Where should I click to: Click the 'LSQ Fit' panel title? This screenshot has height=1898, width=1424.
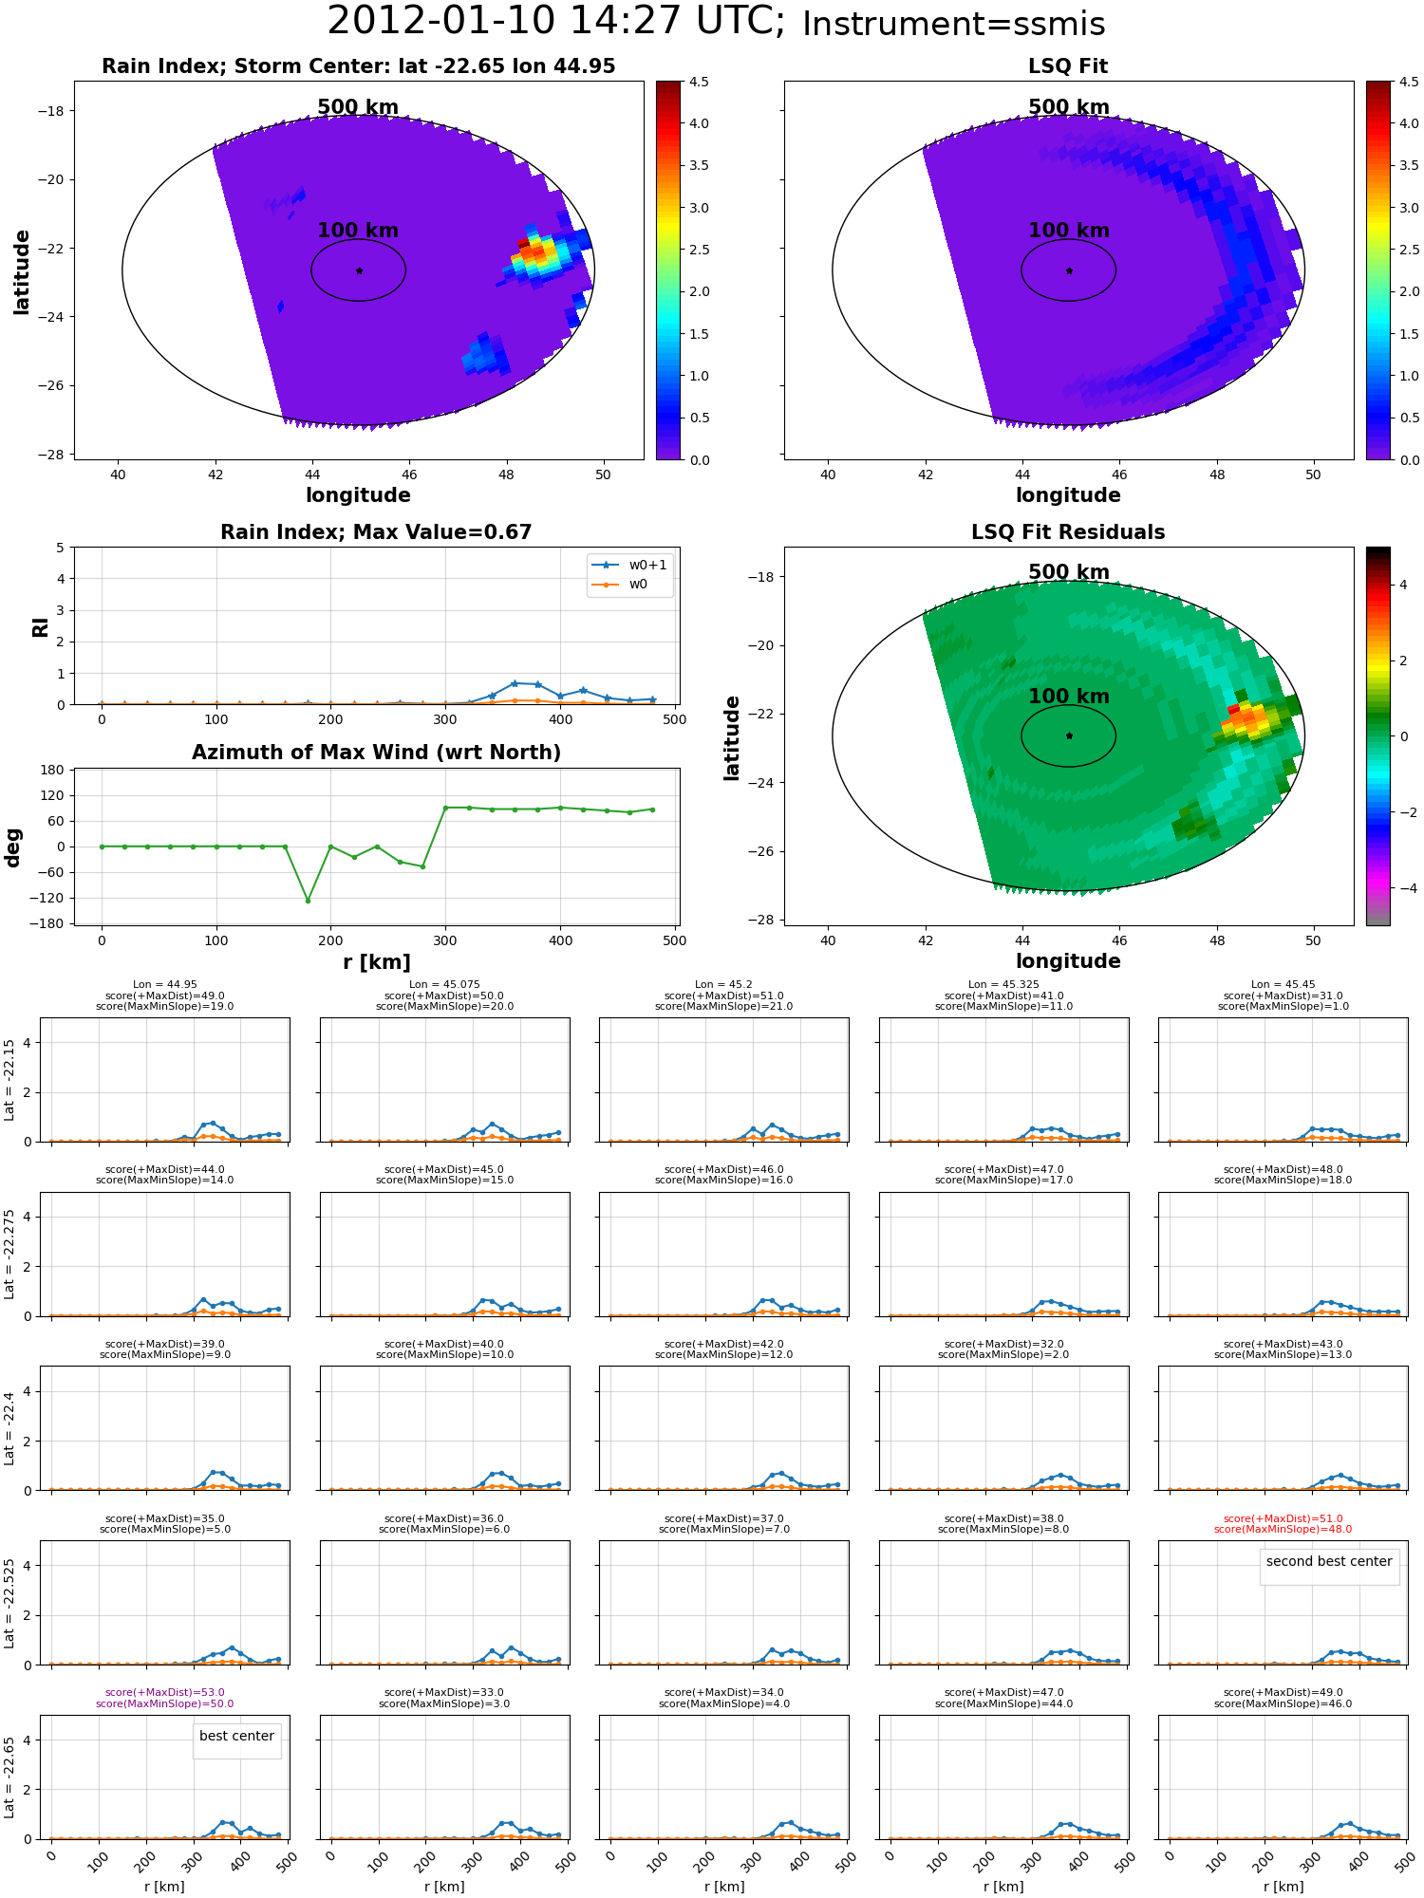pyautogui.click(x=1068, y=66)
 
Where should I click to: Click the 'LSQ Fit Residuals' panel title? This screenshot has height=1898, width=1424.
pyautogui.click(x=1068, y=532)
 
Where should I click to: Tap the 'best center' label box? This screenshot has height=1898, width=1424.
pyautogui.click(x=236, y=1736)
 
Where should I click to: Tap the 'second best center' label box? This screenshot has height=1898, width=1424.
pyautogui.click(x=1328, y=1561)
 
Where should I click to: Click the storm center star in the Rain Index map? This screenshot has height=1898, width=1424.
pyautogui.click(x=359, y=270)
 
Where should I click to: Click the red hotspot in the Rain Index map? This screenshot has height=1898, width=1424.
pyautogui.click(x=525, y=245)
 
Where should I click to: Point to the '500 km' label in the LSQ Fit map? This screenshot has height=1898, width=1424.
pyautogui.click(x=1068, y=107)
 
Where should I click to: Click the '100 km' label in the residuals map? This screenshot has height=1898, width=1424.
pyautogui.click(x=1068, y=697)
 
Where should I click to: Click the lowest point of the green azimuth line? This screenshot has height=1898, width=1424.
pyautogui.click(x=308, y=900)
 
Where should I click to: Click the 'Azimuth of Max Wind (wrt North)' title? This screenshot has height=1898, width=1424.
pyautogui.click(x=376, y=753)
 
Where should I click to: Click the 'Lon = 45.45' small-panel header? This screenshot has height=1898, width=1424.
pyautogui.click(x=1283, y=985)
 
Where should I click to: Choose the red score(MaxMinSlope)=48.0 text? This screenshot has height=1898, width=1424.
pyautogui.click(x=1283, y=1529)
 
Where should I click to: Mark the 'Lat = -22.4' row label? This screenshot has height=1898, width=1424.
pyautogui.click(x=9, y=1428)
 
